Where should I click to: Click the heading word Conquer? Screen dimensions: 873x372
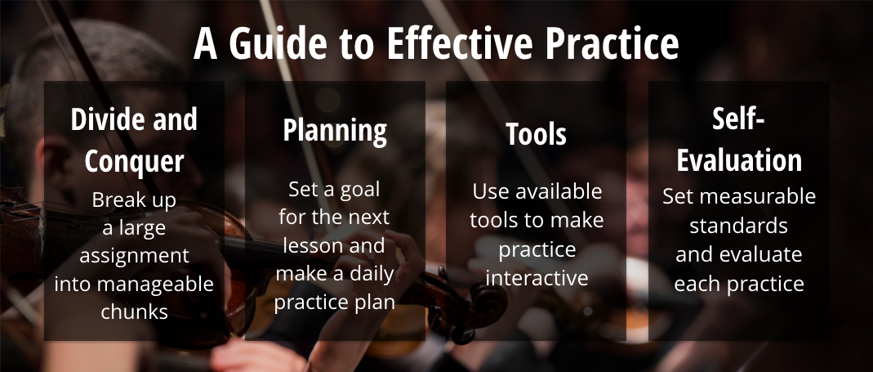(134, 161)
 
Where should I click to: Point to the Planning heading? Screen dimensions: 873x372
(335, 132)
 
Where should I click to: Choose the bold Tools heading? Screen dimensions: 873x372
(537, 134)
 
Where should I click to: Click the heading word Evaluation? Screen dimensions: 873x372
(739, 160)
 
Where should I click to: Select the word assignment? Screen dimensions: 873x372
(134, 256)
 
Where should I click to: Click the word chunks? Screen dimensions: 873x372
(134, 311)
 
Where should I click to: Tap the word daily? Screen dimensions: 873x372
(372, 274)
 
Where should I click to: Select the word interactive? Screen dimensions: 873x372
(537, 277)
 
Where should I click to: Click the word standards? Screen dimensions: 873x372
(739, 226)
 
